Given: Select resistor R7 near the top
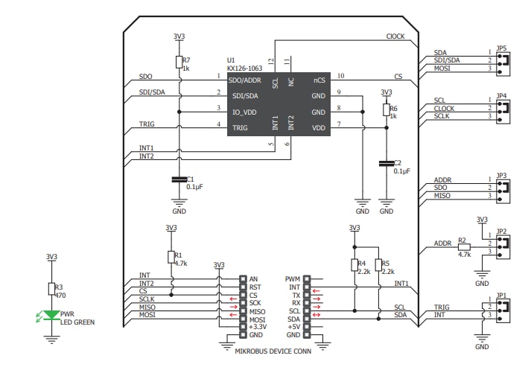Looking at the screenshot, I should coord(179,62).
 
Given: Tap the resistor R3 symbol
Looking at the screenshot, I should coord(51,290).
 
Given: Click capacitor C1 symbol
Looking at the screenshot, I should coord(179,179).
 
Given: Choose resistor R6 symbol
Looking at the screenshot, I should coord(386,110).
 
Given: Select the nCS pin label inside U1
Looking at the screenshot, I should coord(319,79).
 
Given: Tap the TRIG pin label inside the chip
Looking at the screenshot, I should coord(241,128).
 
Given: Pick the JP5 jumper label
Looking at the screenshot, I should coord(502,49).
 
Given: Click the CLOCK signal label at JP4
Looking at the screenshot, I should coord(445,108).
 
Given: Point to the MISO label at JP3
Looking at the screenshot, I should coord(442,196).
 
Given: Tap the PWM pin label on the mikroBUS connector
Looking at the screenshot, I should coord(292,278).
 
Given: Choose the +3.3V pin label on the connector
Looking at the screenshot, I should coord(258,325).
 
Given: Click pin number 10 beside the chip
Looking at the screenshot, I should coord(340,76).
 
